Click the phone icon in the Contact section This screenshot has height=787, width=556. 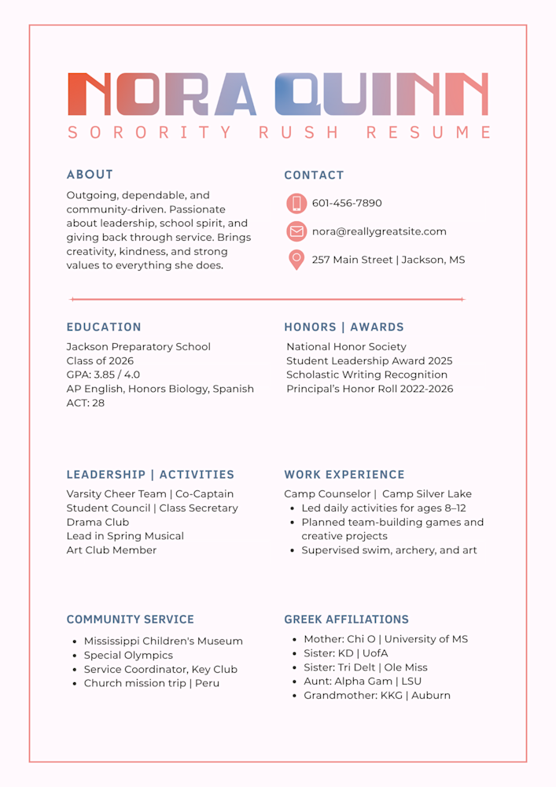point(296,203)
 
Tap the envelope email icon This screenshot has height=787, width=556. point(296,231)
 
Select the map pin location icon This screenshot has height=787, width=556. point(296,259)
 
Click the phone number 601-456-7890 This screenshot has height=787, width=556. point(347,203)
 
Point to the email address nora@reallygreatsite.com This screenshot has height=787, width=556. point(379,231)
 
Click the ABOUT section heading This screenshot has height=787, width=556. point(90,175)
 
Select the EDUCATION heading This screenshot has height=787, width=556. point(104,327)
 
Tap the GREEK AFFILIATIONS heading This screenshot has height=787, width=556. point(346,619)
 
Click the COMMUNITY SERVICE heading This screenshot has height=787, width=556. point(130,619)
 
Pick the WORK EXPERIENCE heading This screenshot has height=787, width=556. point(344,475)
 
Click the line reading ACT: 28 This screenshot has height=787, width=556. point(86,403)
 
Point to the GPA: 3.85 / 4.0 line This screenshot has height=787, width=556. point(103,375)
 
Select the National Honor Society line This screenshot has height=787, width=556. point(346,346)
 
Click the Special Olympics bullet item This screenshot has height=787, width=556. point(128,655)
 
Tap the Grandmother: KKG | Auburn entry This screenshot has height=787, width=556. point(377,696)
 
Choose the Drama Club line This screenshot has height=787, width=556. point(98,522)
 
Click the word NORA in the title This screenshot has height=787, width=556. point(162,94)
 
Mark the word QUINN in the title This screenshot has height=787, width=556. point(381,94)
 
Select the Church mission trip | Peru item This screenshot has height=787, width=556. point(152,683)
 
